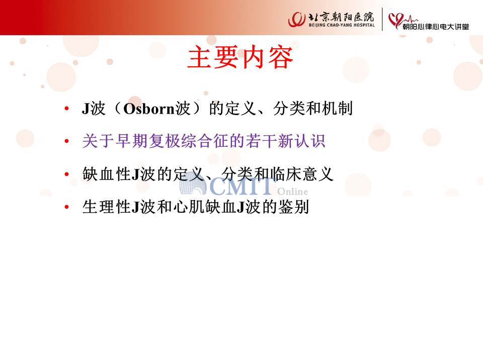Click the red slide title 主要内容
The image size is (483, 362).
pyautogui.click(x=240, y=57)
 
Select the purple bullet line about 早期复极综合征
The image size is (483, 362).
pyautogui.click(x=204, y=141)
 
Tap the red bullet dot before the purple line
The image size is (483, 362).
pyautogui.click(x=66, y=141)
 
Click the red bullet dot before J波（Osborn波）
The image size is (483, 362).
pyautogui.click(x=66, y=109)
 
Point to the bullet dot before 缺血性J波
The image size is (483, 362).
pyautogui.click(x=66, y=174)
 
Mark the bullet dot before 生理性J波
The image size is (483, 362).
pyautogui.click(x=66, y=207)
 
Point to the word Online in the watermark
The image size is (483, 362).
pyautogui.click(x=292, y=192)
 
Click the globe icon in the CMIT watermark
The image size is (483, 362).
pyautogui.click(x=193, y=184)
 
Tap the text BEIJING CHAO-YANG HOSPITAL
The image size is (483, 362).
pyautogui.click(x=342, y=25)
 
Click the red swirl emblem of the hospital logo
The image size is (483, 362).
pyautogui.click(x=297, y=20)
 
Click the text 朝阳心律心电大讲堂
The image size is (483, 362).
pyautogui.click(x=436, y=27)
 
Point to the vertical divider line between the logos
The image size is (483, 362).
pyautogui.click(x=382, y=19)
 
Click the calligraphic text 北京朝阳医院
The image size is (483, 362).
pyautogui.click(x=341, y=16)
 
